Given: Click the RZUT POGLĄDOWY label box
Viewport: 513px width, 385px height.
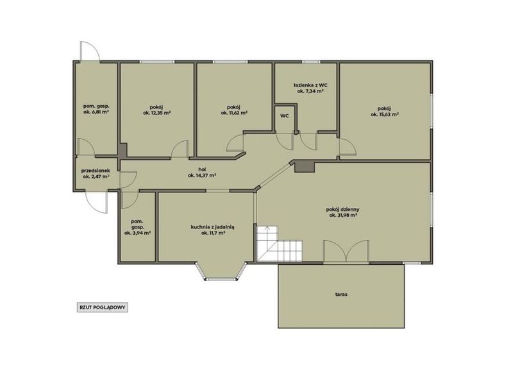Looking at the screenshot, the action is [103, 307].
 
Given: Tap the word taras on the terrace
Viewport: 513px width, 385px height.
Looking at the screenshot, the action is [341, 295].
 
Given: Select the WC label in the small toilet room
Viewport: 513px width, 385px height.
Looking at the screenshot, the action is [284, 116].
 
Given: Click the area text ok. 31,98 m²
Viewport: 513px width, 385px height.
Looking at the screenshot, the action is [343, 215].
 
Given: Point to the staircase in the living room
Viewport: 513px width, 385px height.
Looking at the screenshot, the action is [279, 244].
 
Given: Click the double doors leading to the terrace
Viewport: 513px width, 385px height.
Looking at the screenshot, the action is [346, 252].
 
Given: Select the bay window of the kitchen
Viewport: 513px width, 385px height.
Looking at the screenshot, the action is [221, 271].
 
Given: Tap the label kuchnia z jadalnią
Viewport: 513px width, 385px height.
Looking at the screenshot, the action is [213, 227].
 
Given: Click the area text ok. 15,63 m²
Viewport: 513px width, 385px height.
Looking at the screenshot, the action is [384, 115].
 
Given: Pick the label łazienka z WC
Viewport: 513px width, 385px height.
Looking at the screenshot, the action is [310, 85].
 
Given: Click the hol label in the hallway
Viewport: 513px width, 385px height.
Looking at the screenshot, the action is [202, 169].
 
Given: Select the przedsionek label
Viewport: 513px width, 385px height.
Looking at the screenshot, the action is [96, 171].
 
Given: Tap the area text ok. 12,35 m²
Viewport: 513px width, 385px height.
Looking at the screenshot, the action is [156, 113].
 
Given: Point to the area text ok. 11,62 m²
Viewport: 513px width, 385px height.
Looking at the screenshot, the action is [234, 113].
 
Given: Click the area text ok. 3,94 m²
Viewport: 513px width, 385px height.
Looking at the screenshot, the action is [137, 233].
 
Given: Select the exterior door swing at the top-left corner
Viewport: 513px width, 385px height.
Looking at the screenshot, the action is [89, 51].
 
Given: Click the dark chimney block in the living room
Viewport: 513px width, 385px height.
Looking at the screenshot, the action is [304, 167].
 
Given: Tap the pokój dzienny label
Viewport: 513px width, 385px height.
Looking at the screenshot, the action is [343, 209].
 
